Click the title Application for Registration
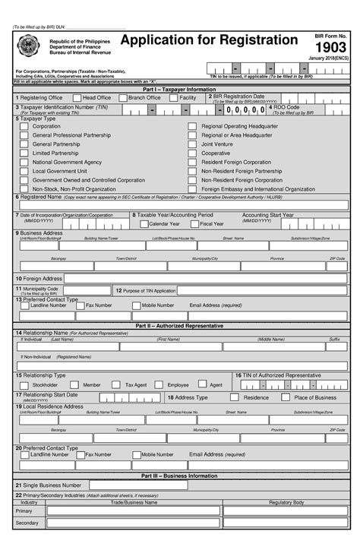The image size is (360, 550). [209, 40]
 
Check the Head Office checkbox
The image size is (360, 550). [77, 97]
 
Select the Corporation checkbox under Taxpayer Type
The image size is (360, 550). [24, 126]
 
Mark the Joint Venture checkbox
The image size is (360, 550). [192, 144]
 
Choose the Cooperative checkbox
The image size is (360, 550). [192, 153]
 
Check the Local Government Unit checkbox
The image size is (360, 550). [24, 171]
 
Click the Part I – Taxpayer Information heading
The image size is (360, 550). [179, 89]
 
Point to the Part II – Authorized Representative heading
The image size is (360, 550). [179, 325]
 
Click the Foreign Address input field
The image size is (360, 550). [205, 278]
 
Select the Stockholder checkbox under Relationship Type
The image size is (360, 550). [24, 385]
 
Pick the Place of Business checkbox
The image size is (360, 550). [286, 397]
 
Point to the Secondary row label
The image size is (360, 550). [27, 523]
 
